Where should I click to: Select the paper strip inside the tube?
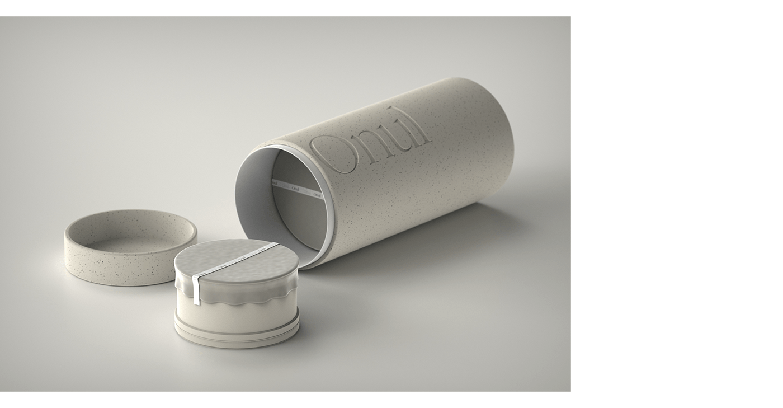(x=296, y=189)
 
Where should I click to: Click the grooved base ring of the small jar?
(x=238, y=334)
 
